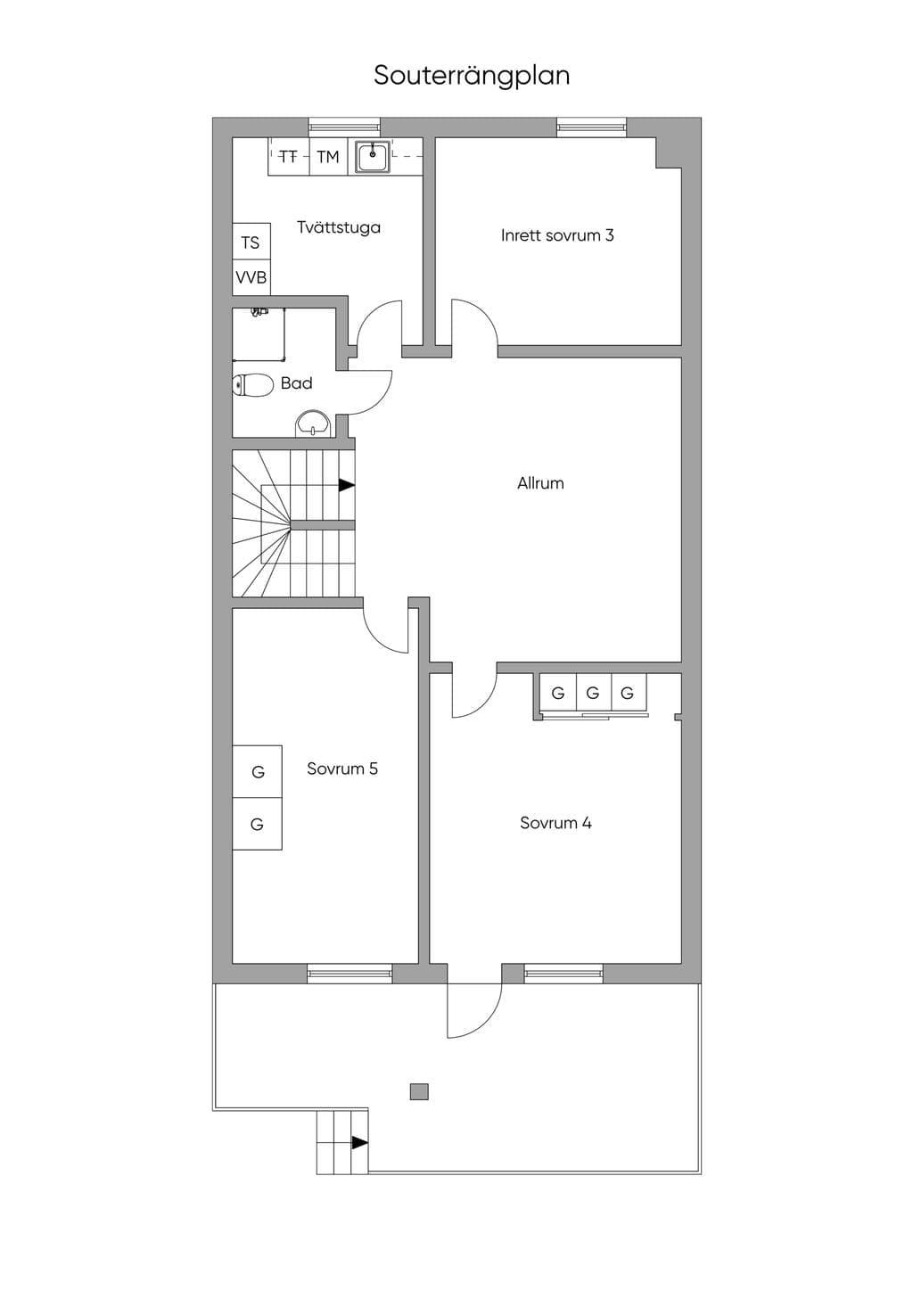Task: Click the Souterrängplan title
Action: coord(472,76)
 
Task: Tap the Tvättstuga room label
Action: coord(339,227)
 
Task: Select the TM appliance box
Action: coord(328,156)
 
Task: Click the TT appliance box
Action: coord(289,156)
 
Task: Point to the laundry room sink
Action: coord(373,157)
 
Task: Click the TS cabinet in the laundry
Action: coord(251,243)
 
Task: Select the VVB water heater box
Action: coord(251,278)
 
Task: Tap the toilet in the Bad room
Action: coord(252,385)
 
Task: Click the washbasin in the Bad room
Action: coord(313,423)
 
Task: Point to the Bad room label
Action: coord(296,383)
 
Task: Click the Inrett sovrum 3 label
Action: coord(557,235)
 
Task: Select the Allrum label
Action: coord(540,483)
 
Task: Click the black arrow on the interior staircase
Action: coord(347,485)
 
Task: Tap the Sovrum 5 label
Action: coord(342,769)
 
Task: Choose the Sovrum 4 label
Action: coord(555,822)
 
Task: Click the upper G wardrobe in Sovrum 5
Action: coord(257,772)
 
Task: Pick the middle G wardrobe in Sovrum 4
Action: coord(593,693)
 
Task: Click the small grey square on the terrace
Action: coord(419,1091)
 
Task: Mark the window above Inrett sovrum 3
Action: coord(591,127)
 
